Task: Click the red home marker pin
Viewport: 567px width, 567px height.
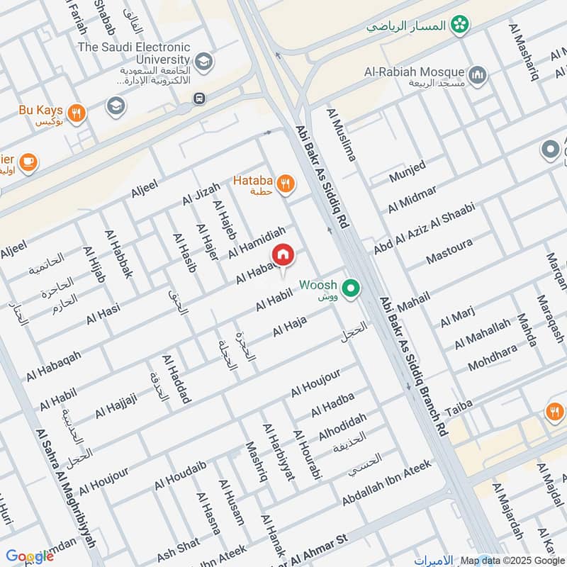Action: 283,254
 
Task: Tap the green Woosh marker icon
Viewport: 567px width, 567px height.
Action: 349,288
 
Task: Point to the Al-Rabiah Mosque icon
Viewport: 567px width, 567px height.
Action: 478,73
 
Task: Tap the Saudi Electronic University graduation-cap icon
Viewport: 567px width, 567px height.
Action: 204,62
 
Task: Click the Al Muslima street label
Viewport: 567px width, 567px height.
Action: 341,135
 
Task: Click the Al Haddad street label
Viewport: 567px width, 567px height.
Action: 176,379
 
